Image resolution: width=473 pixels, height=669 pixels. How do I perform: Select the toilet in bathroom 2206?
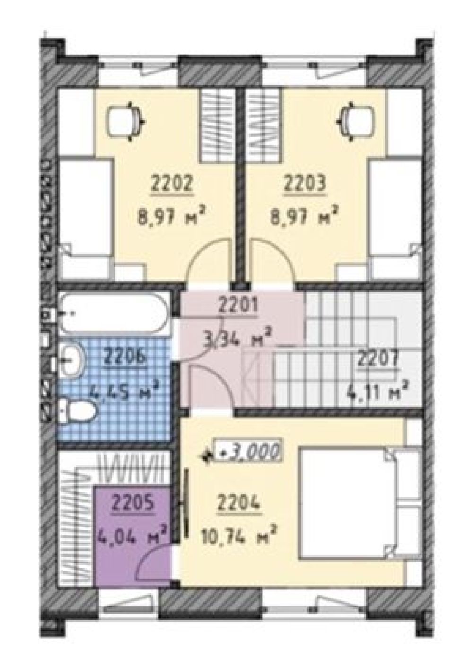(x=77, y=410)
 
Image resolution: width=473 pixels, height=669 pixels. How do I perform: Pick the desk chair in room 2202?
(x=127, y=121)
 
